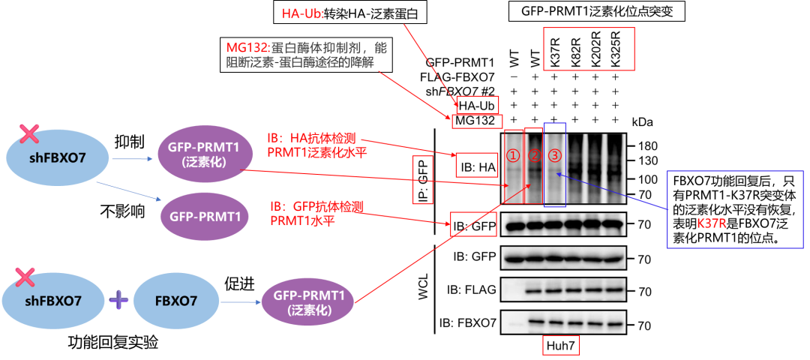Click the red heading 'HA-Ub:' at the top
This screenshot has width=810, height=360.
(x=303, y=14)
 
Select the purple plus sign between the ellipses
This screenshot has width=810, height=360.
(x=119, y=301)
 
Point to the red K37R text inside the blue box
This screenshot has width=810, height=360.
(x=714, y=223)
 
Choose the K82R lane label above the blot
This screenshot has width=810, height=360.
(x=575, y=49)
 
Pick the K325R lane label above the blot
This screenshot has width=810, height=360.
(x=616, y=49)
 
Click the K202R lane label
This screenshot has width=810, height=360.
(x=595, y=49)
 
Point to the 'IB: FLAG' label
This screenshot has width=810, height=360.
(x=471, y=290)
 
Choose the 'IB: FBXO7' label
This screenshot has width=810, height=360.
(x=468, y=324)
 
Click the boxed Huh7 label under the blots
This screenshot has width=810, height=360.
(x=561, y=346)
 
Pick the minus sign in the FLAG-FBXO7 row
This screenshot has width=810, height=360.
(x=514, y=76)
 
